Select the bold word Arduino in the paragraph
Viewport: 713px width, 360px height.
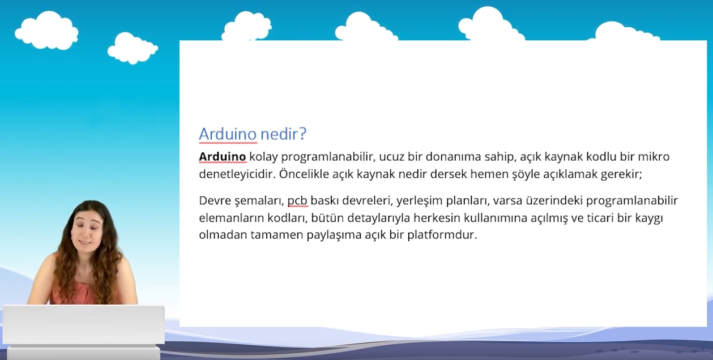222,157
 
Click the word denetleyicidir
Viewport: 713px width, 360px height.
237,174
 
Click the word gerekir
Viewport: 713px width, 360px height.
621,174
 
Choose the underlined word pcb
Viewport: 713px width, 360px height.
297,201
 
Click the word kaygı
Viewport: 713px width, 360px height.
648,218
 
